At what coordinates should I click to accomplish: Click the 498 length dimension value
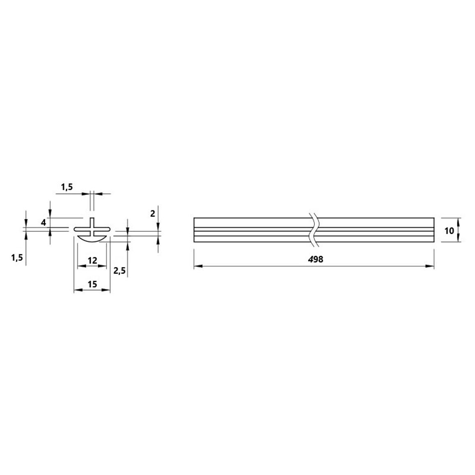click(316, 259)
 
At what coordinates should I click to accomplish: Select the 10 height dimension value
click(449, 231)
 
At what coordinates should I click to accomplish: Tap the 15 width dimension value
click(92, 284)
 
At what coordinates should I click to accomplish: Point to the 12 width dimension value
click(92, 260)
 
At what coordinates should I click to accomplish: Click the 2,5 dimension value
click(119, 270)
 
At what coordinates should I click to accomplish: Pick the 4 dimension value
click(44, 223)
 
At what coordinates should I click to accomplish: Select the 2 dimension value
click(152, 214)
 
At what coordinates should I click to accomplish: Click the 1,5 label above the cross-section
click(67, 187)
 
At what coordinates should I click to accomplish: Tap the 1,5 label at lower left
click(17, 258)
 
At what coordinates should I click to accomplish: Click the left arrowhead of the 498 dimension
click(198, 266)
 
